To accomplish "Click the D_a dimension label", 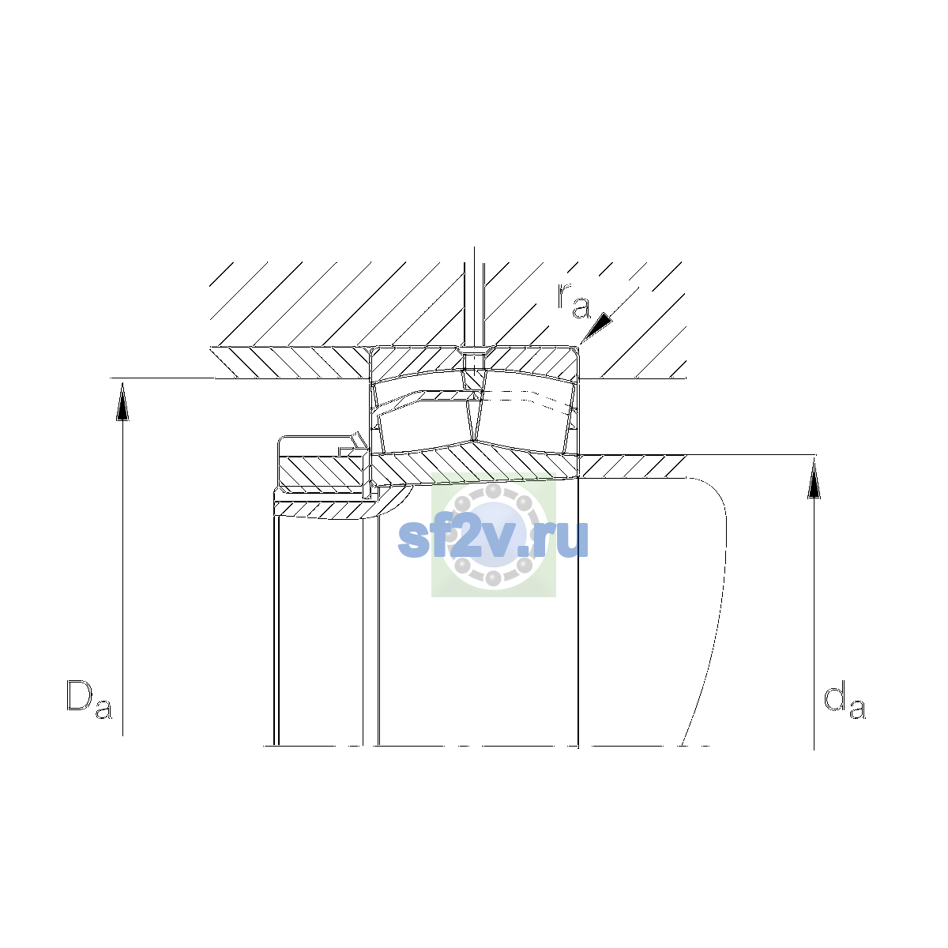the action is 89,698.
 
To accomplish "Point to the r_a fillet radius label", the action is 574,300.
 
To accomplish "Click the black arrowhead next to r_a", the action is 597,327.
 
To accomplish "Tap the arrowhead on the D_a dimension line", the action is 122,401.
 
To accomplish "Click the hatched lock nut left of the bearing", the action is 322,472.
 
